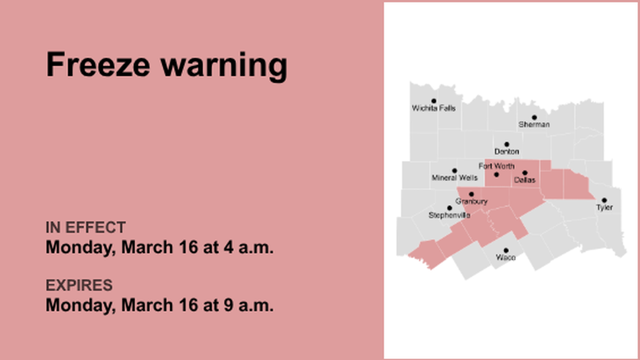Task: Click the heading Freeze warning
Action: coord(166,65)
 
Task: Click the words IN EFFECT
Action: coord(85,227)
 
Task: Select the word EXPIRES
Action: coord(79,285)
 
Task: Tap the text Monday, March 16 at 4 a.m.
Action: coord(159,247)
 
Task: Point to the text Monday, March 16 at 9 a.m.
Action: coord(159,305)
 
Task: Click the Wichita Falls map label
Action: coord(433,108)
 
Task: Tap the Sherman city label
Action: coord(534,125)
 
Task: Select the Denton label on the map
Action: coord(506,152)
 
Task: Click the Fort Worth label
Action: coord(496,166)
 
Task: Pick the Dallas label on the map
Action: coord(524,180)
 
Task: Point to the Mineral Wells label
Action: coord(455,178)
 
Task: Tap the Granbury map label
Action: coord(471,201)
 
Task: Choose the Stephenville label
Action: coord(449,215)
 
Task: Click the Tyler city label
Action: coord(604,208)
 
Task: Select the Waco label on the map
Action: coord(506,258)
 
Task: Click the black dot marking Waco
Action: coord(506,250)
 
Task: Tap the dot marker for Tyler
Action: coord(604,200)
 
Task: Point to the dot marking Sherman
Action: coord(534,117)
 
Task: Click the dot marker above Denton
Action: coord(506,144)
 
